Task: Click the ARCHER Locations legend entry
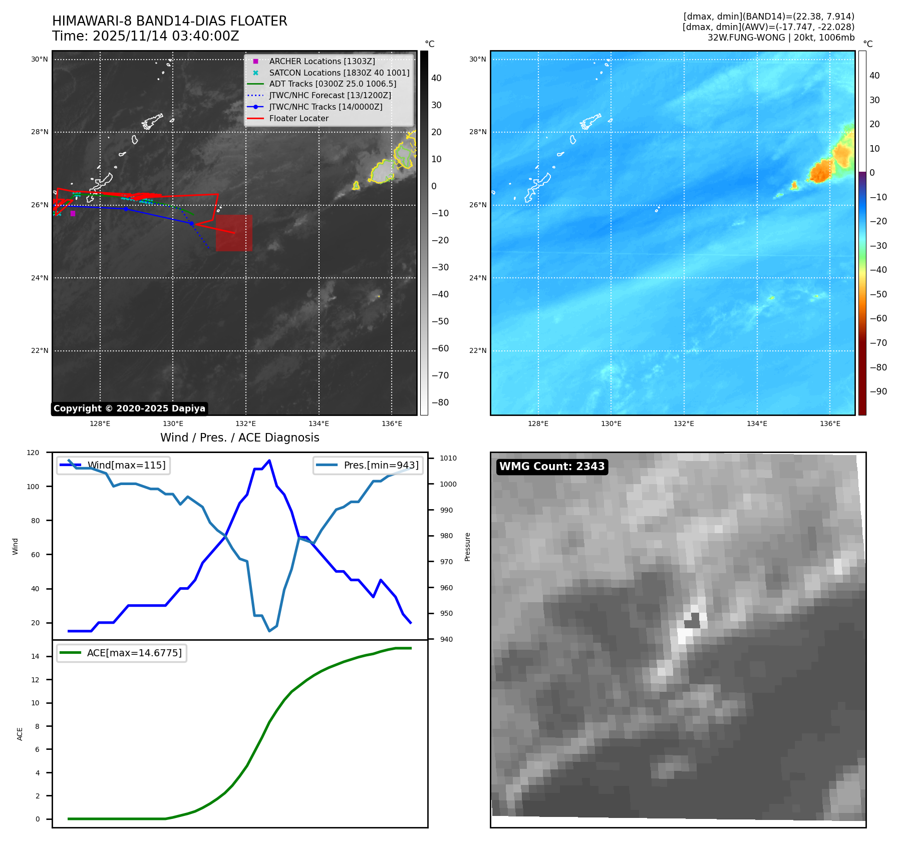click(x=322, y=61)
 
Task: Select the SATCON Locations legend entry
click(x=339, y=73)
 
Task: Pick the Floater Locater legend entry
click(x=298, y=118)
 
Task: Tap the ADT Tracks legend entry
click(x=333, y=84)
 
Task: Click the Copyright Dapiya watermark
click(x=129, y=408)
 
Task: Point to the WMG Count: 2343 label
click(x=551, y=467)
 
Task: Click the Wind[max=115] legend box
click(x=113, y=465)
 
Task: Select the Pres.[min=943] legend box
click(x=368, y=465)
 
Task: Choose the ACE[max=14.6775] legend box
click(x=121, y=653)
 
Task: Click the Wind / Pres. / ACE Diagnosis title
click(x=239, y=438)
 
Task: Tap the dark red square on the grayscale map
click(x=234, y=233)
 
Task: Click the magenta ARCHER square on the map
click(x=73, y=214)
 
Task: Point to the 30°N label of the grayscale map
click(x=40, y=59)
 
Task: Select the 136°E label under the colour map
click(x=829, y=424)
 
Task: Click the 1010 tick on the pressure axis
click(x=448, y=458)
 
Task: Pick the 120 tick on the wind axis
click(x=33, y=453)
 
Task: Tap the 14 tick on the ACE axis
click(x=35, y=656)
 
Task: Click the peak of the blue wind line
click(x=269, y=461)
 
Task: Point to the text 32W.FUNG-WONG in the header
click(x=746, y=38)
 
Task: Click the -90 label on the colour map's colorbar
click(x=878, y=391)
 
